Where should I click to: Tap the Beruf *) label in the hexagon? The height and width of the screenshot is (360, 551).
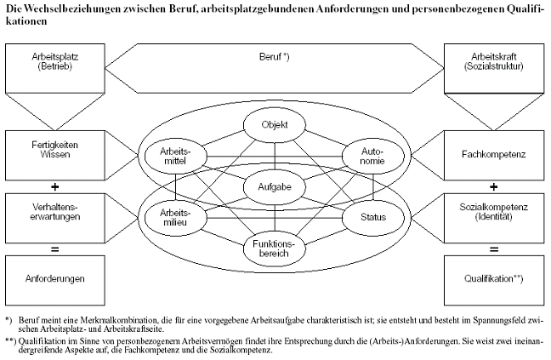click(x=275, y=57)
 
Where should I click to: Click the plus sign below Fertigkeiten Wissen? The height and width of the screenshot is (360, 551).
click(x=54, y=186)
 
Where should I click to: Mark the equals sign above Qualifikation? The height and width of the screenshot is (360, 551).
click(x=494, y=249)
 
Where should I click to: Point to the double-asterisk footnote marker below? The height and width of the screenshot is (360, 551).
click(x=11, y=341)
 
